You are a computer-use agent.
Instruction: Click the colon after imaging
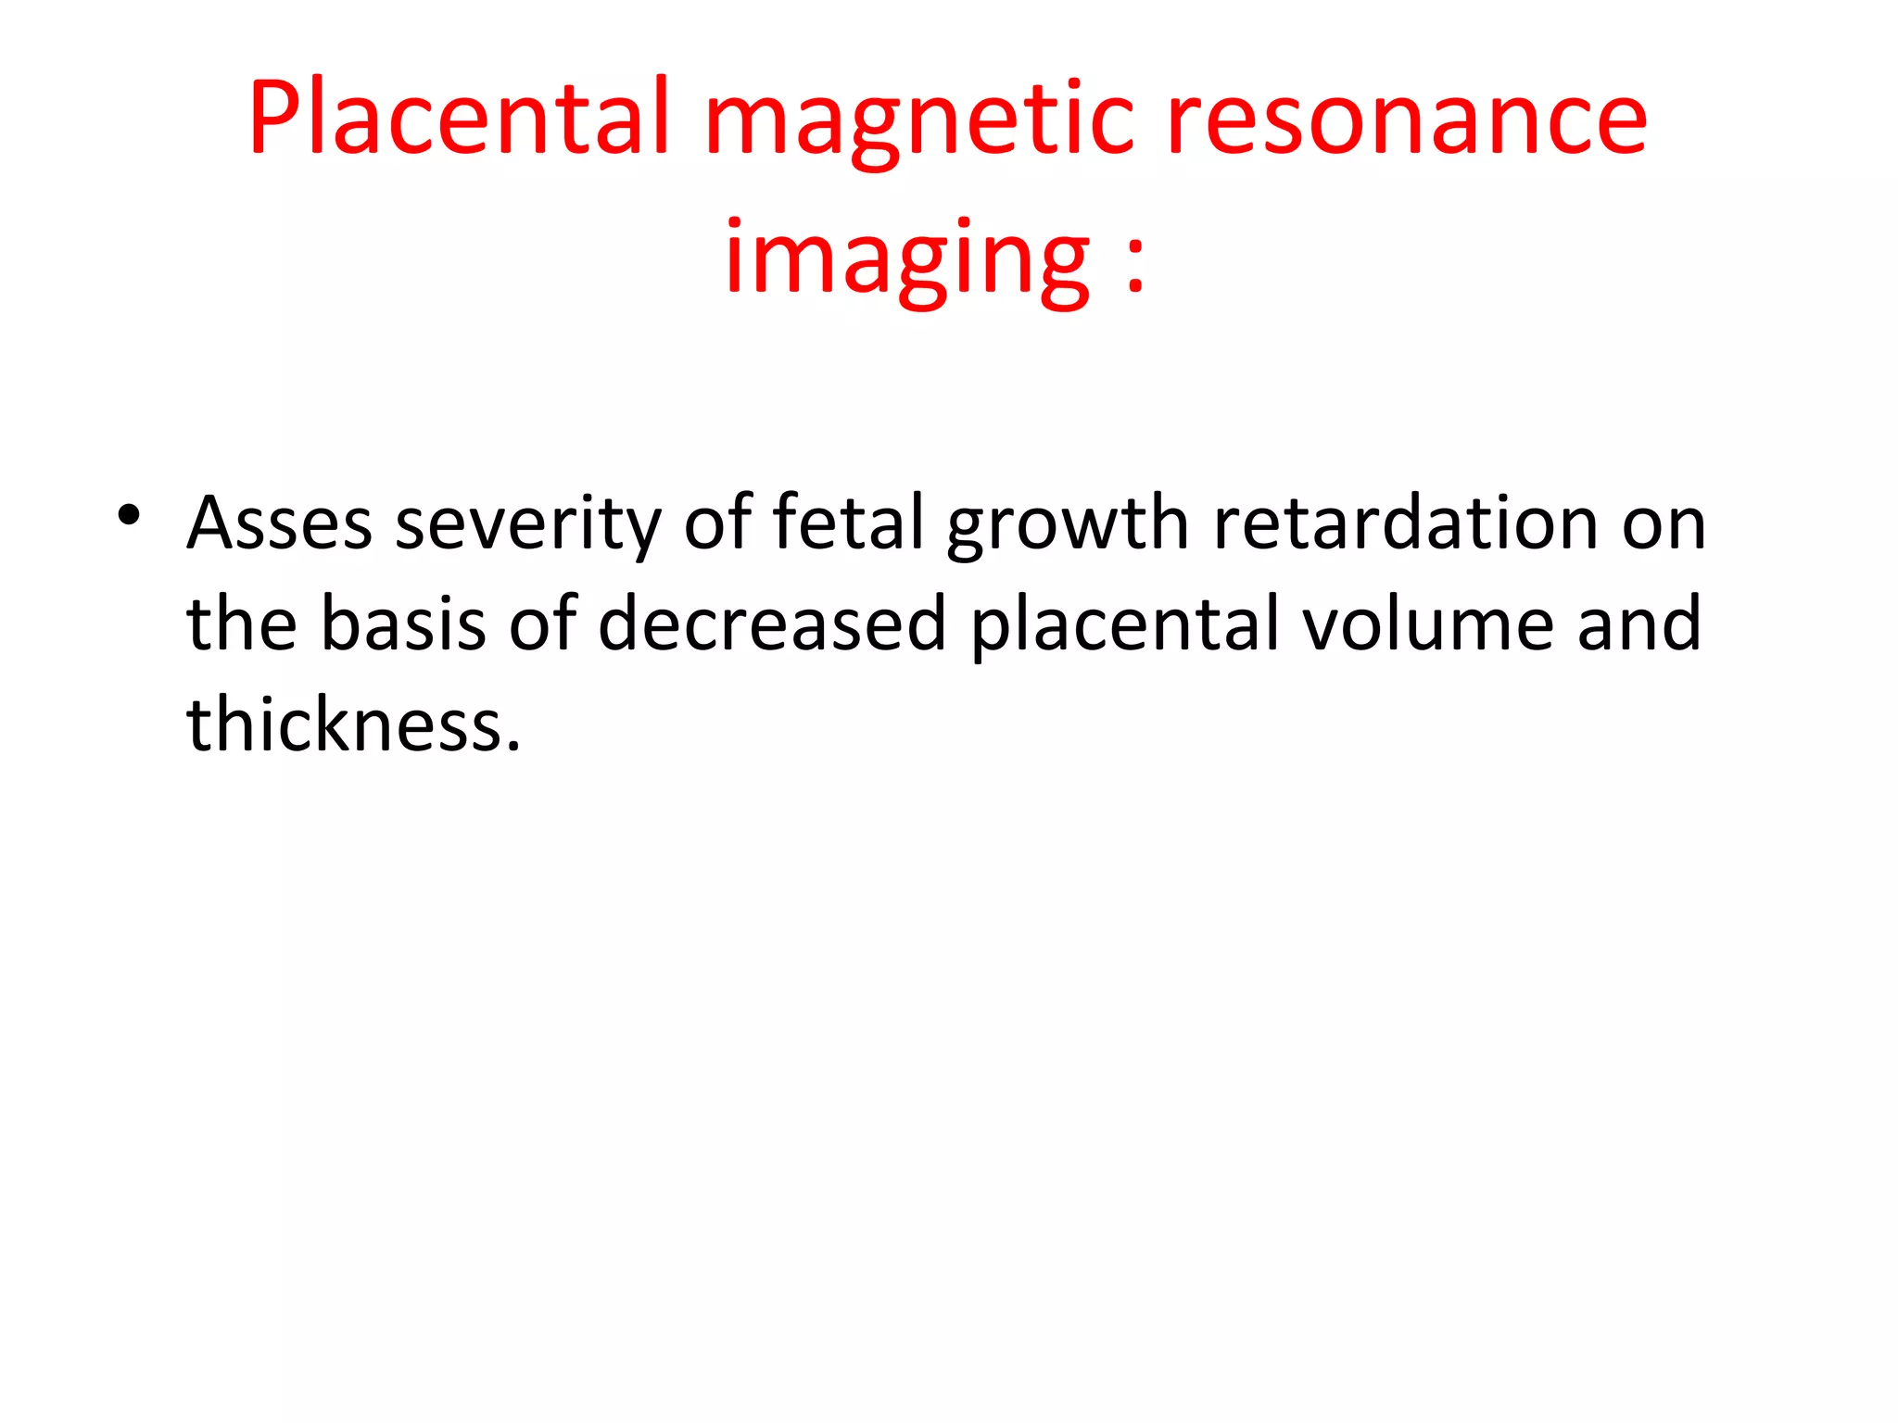(1135, 263)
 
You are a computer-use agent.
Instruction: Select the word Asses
(279, 524)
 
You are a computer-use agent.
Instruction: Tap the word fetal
(848, 523)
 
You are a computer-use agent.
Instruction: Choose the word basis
(403, 623)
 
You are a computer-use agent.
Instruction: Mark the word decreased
(772, 623)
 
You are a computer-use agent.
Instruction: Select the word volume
(1427, 623)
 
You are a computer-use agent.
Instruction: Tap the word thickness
(347, 724)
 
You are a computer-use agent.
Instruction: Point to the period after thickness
(513, 746)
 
